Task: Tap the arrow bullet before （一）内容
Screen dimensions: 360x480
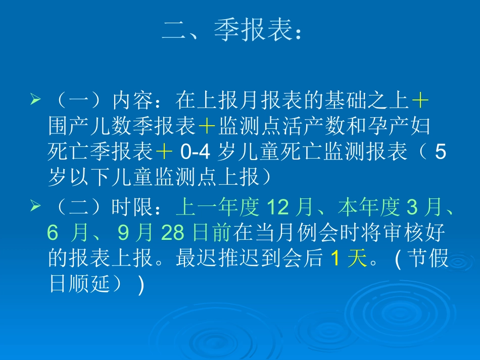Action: pyautogui.click(x=35, y=100)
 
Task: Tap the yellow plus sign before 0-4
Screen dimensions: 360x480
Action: pyautogui.click(x=164, y=152)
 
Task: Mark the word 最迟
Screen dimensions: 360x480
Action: pyautogui.click(x=190, y=259)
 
